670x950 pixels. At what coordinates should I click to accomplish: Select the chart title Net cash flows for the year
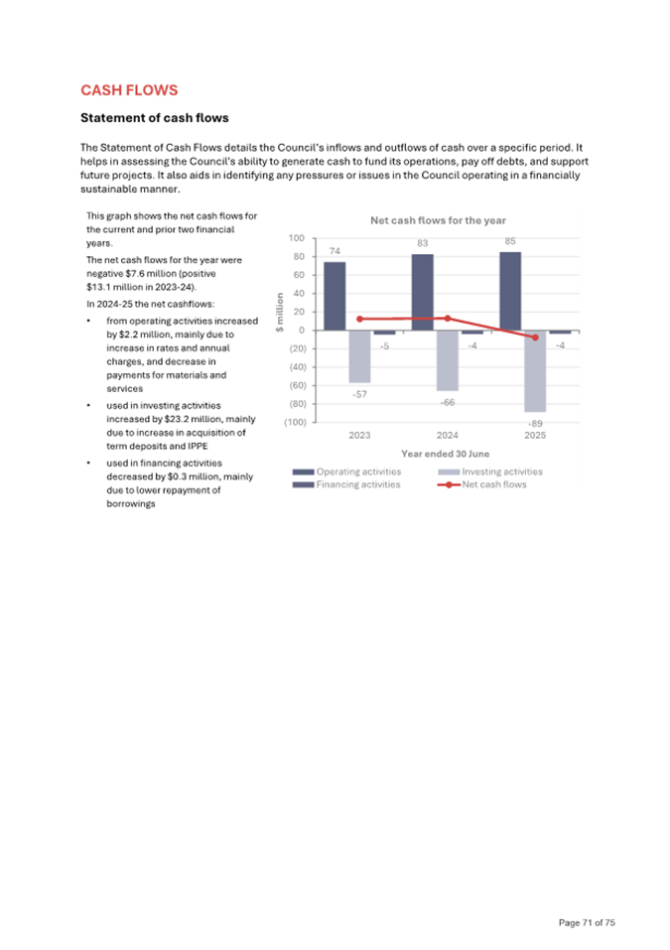pyautogui.click(x=438, y=220)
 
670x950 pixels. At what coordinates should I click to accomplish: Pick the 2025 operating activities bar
pyautogui.click(x=510, y=291)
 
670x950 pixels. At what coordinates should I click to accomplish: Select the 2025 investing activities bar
pyautogui.click(x=535, y=370)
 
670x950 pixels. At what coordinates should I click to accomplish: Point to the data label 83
pyautogui.click(x=423, y=242)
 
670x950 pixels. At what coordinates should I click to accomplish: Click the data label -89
pyautogui.click(x=536, y=422)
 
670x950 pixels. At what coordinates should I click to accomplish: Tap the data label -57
pyautogui.click(x=359, y=394)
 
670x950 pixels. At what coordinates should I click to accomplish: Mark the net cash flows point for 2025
pyautogui.click(x=536, y=338)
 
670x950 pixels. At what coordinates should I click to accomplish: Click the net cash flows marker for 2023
pyautogui.click(x=359, y=319)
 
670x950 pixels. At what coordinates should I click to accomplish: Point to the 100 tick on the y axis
pyautogui.click(x=297, y=238)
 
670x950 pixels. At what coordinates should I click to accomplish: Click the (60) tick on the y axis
pyautogui.click(x=294, y=385)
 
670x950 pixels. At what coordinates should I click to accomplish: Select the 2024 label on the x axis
pyautogui.click(x=448, y=435)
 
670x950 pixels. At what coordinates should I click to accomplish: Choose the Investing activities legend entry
pyautogui.click(x=502, y=472)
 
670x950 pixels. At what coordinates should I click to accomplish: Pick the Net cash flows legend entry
pyautogui.click(x=493, y=484)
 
